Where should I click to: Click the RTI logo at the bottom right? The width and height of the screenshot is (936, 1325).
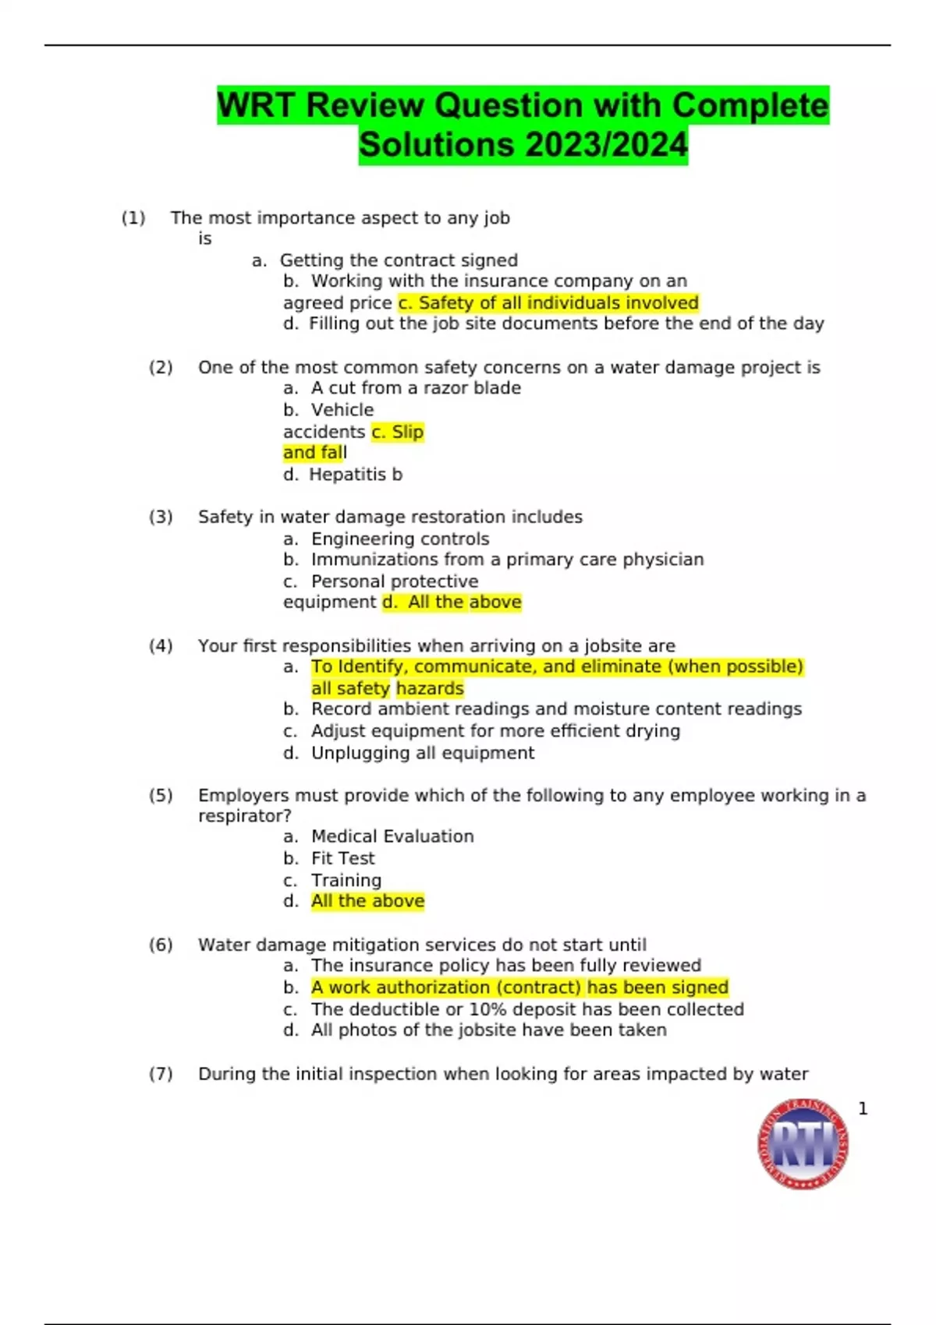click(x=803, y=1144)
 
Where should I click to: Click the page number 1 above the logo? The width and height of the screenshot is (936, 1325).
click(x=863, y=1108)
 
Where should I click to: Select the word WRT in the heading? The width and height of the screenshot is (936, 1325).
click(x=255, y=105)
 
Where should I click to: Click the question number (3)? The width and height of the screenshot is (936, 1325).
click(x=161, y=517)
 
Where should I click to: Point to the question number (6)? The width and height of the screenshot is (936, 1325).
click(x=161, y=945)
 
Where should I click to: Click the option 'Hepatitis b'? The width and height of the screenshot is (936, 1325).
click(x=356, y=474)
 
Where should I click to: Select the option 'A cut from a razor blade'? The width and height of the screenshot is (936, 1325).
click(x=416, y=387)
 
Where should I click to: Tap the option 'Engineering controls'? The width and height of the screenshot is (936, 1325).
click(x=400, y=539)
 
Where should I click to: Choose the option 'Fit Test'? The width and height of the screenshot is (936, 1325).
click(x=342, y=858)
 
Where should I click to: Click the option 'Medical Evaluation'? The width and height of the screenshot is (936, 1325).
click(x=392, y=836)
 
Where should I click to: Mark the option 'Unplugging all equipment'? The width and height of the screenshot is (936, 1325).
click(x=423, y=753)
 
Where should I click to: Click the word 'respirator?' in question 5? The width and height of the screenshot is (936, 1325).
click(x=244, y=816)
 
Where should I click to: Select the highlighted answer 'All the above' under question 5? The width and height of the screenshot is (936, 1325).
click(x=367, y=901)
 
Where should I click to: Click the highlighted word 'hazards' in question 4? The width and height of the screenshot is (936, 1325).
click(x=430, y=688)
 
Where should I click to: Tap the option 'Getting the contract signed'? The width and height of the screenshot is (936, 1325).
click(x=399, y=260)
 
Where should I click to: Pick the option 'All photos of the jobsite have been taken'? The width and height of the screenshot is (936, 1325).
click(x=488, y=1030)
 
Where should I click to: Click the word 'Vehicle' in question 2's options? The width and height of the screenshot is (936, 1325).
click(x=342, y=410)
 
